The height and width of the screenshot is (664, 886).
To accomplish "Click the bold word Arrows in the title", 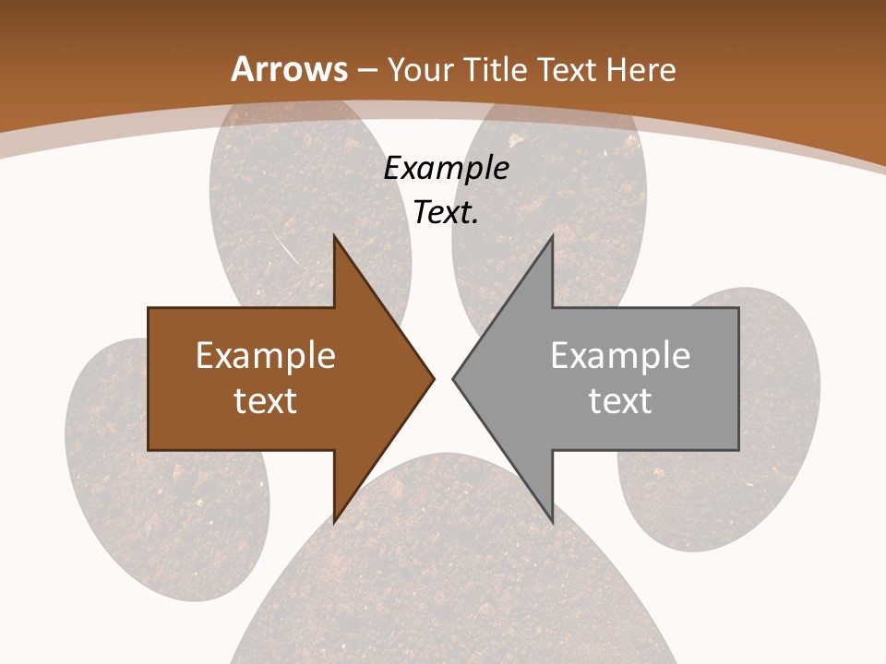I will point(289,69).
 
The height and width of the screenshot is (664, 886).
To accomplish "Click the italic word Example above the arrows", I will point(447,168).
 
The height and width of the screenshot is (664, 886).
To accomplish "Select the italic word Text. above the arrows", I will point(447,212).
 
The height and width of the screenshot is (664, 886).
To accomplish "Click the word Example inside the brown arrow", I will point(266,356).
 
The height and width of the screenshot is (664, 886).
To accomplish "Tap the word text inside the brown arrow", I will point(266,400).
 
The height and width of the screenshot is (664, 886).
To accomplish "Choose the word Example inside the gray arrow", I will point(620,356).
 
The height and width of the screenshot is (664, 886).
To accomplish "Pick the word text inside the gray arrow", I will point(620,400).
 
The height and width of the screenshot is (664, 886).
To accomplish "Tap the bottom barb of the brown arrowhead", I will point(336,518).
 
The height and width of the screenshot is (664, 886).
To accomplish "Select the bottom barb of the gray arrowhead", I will point(551,518).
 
